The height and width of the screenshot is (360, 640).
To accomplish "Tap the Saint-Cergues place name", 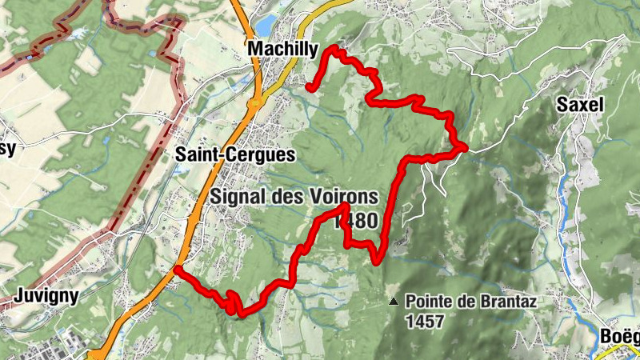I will (x=235, y=154).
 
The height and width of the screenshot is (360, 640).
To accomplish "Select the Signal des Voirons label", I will (x=294, y=197).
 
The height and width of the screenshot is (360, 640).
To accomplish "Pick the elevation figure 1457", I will (x=423, y=320).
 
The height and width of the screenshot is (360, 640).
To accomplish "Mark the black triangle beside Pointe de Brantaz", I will (x=393, y=302).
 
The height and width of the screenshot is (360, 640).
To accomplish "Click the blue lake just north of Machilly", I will (x=267, y=22).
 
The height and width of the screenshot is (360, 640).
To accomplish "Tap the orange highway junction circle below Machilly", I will (x=253, y=102).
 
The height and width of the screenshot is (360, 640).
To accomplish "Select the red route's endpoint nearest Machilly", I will (x=309, y=86).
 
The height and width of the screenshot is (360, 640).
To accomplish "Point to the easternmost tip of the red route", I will (x=464, y=146).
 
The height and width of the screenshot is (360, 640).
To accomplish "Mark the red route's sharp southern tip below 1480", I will (x=377, y=261).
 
